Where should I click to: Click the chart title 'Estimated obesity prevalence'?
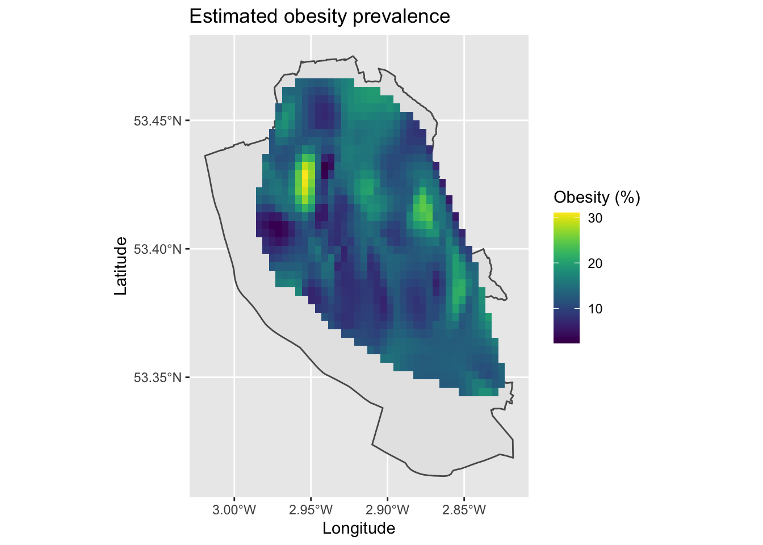(319, 16)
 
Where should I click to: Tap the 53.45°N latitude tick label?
(157, 121)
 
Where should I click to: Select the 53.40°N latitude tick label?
(157, 249)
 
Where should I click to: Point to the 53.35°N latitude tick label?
(157, 378)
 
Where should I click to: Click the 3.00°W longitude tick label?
(233, 510)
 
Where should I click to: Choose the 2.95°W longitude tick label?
(311, 510)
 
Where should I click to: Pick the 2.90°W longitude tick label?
(387, 510)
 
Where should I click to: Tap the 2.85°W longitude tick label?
(464, 510)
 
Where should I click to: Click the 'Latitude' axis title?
(121, 266)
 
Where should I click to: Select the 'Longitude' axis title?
(359, 529)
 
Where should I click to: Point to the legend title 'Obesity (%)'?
(597, 198)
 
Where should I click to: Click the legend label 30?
(595, 218)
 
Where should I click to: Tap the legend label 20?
(595, 263)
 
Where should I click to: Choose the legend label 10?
(595, 309)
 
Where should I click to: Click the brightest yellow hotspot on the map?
(305, 177)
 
